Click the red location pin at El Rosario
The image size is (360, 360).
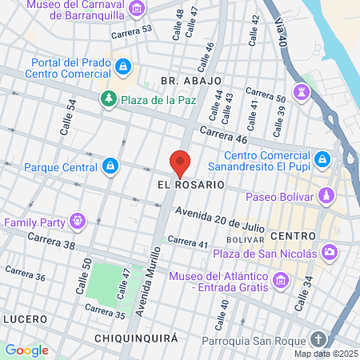(180, 162)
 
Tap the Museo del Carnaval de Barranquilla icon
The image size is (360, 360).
(138, 10)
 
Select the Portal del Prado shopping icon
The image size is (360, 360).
(122, 69)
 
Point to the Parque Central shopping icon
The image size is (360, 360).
(110, 167)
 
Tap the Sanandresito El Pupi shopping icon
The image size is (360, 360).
(322, 159)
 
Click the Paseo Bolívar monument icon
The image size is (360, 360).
(326, 195)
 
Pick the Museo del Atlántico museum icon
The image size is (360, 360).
(280, 281)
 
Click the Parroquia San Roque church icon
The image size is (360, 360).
(318, 339)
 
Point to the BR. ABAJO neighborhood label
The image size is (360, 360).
(185, 81)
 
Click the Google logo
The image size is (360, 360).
(26, 350)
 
